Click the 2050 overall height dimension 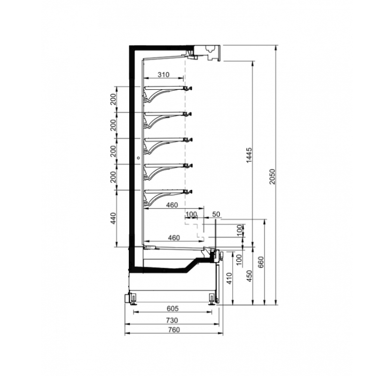click(272, 177)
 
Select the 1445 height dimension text click(249, 156)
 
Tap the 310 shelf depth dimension click(164, 75)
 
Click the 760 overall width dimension click(174, 330)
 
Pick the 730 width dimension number click(172, 320)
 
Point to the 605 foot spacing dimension click(172, 308)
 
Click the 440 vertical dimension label click(114, 218)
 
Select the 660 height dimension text click(261, 262)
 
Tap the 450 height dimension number click(250, 276)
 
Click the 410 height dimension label click(229, 278)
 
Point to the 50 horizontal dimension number click(216, 214)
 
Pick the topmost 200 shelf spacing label click(113, 99)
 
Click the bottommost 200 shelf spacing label click(113, 177)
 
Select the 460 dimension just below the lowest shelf click(172, 205)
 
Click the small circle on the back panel click(138, 158)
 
